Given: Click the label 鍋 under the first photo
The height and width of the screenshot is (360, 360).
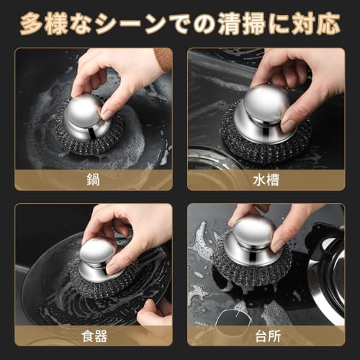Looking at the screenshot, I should [x=94, y=180].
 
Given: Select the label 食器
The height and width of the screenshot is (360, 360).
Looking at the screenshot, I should [x=94, y=336].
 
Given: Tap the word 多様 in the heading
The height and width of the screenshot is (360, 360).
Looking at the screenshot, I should [x=48, y=24].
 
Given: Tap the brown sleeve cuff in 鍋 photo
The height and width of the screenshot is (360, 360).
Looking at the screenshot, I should [x=163, y=59].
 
